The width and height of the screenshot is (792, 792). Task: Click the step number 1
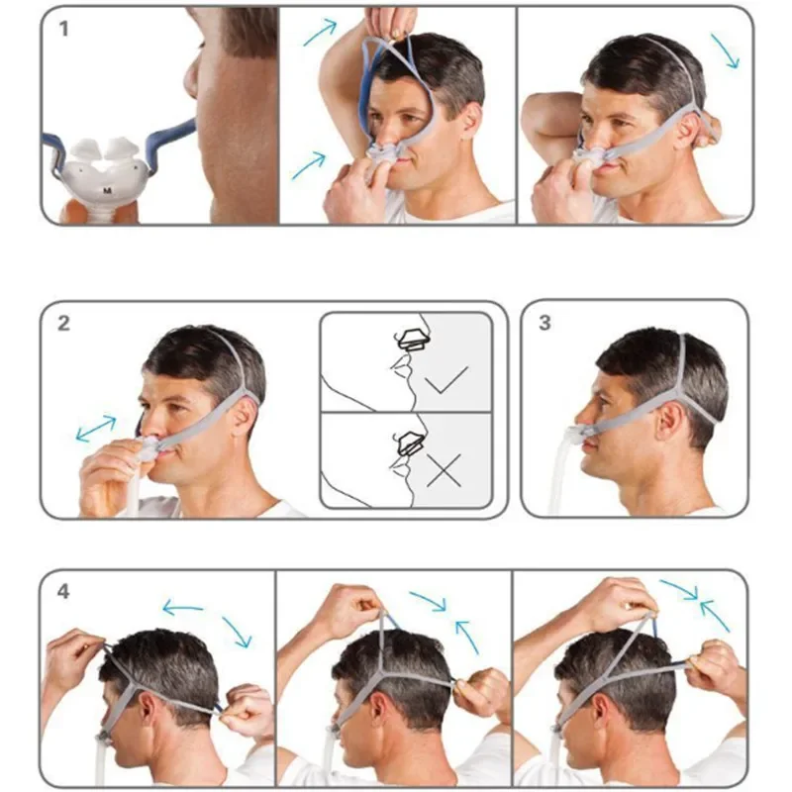pos(65,29)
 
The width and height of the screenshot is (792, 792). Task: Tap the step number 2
pos(64,324)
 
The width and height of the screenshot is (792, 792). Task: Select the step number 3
pos(545,324)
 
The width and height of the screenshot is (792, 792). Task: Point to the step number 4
pos(64,592)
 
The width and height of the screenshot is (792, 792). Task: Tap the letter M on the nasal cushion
pos(106,187)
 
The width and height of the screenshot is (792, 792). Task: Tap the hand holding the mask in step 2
pos(109,480)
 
